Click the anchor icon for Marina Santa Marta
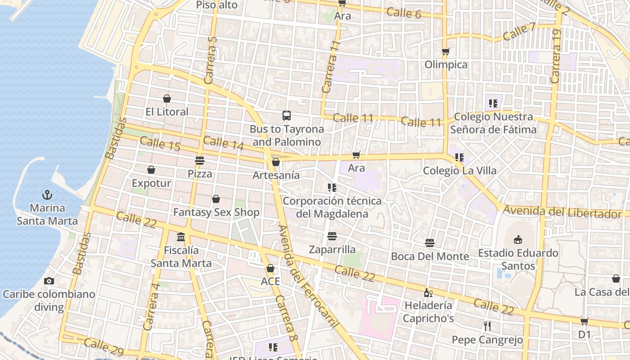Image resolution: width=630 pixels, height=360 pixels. point(47,195)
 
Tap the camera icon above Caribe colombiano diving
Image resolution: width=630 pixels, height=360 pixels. point(49,281)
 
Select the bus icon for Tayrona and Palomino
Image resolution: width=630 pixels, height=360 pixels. point(287,116)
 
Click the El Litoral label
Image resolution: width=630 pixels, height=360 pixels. point(167,112)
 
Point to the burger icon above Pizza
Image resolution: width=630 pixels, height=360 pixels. point(200,161)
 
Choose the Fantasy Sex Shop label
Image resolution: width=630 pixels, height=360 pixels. point(216,212)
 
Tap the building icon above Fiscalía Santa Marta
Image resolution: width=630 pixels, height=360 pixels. point(181,237)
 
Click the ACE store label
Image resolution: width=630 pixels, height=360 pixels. point(270,281)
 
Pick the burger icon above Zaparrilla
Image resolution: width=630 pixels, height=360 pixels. point(332,236)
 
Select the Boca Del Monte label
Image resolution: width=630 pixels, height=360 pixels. point(430,256)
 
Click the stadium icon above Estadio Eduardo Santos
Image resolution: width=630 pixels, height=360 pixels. point(518,239)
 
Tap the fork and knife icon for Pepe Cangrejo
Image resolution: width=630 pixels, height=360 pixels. point(487,326)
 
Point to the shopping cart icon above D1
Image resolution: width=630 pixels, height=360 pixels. point(584,321)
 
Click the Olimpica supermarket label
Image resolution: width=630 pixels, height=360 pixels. point(446,65)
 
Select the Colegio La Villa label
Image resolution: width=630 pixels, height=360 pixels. point(459,171)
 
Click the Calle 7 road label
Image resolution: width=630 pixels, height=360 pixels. point(519,31)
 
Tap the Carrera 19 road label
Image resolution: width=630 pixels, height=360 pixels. point(556,56)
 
